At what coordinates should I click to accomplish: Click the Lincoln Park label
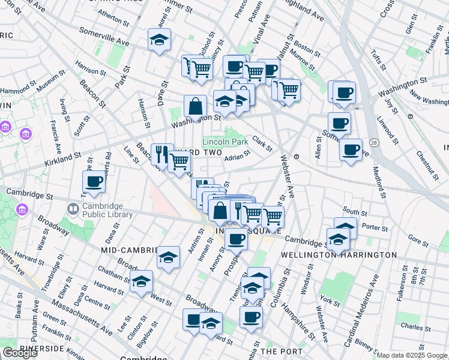click(225, 142)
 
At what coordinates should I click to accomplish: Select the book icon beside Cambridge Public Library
click(73, 209)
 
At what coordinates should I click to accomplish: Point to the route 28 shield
click(374, 143)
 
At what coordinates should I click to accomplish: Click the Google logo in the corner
click(20, 353)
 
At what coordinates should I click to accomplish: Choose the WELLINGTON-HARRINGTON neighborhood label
click(339, 255)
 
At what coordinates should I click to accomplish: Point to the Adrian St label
click(237, 158)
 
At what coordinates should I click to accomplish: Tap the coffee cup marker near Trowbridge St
click(94, 181)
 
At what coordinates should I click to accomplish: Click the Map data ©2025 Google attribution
click(411, 355)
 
